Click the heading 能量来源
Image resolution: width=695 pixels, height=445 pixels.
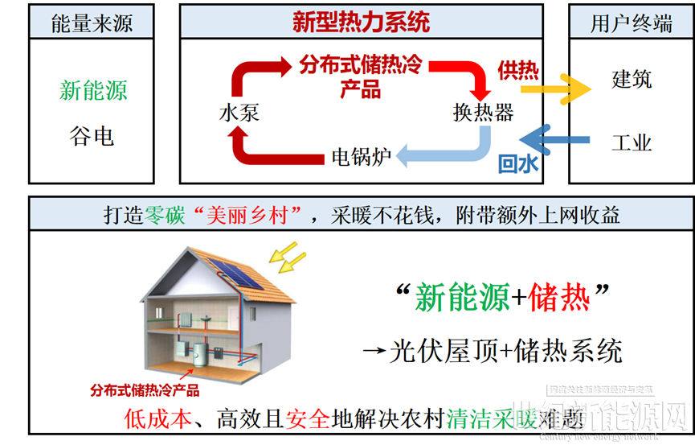click(93, 23)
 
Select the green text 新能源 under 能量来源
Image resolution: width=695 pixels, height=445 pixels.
click(93, 90)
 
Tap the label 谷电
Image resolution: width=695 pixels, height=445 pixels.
click(92, 136)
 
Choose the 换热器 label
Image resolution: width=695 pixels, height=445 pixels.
click(483, 112)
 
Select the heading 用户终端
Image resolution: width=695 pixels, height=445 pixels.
click(631, 23)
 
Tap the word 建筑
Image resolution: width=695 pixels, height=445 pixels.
click(632, 80)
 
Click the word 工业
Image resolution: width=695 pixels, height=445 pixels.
click(632, 142)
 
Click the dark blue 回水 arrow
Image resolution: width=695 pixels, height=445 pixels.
click(554, 141)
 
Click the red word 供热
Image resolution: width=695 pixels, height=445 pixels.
click(517, 70)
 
